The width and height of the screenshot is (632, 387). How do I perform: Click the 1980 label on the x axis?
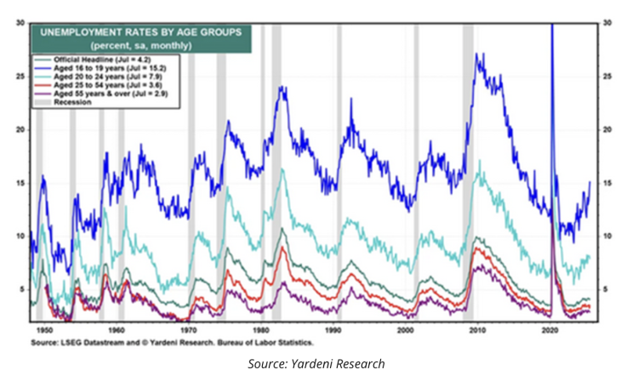pyautogui.click(x=257, y=327)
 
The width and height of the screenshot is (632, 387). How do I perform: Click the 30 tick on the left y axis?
pyautogui.click(x=20, y=23)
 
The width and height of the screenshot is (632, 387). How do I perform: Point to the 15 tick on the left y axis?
pyautogui.click(x=20, y=183)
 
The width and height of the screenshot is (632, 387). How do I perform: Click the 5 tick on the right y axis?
pyautogui.click(x=606, y=289)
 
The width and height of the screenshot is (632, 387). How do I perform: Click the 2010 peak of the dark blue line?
pyautogui.click(x=480, y=55)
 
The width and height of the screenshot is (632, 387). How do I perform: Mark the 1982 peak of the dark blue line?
pyautogui.click(x=280, y=87)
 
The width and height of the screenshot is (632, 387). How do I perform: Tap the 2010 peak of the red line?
pyautogui.click(x=479, y=248)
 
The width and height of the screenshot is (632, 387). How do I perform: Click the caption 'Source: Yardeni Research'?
pyautogui.click(x=316, y=364)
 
